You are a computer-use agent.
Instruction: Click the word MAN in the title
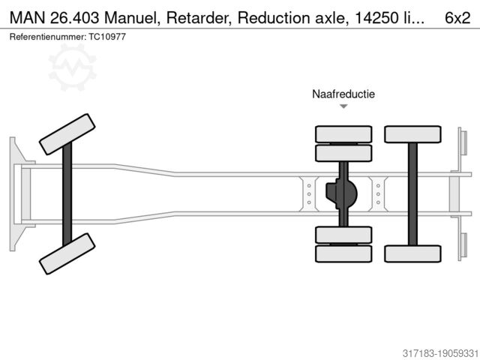pyautogui.click(x=28, y=18)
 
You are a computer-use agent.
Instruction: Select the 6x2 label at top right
pyautogui.click(x=457, y=18)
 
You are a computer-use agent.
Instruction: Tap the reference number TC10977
pyautogui.click(x=107, y=36)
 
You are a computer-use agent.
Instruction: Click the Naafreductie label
pyautogui.click(x=343, y=94)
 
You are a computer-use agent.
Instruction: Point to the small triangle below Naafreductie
pyautogui.click(x=343, y=106)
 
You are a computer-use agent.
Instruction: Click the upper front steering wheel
pyautogui.click(x=67, y=133)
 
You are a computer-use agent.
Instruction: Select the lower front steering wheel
pyautogui.click(x=67, y=253)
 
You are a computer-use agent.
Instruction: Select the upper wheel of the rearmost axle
pyautogui.click(x=412, y=134)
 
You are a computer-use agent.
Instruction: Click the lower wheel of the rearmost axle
pyautogui.click(x=412, y=253)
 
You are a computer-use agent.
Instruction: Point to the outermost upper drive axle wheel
pyautogui.click(x=343, y=134)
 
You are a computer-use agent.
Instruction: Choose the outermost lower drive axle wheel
pyautogui.click(x=343, y=253)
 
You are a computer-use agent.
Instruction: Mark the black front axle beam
pyautogui.click(x=67, y=193)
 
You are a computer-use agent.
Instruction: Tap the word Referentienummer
pyautogui.click(x=43, y=36)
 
